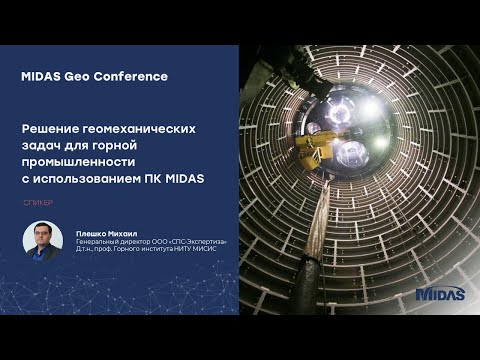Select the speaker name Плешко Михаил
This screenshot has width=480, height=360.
coord(101,232)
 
